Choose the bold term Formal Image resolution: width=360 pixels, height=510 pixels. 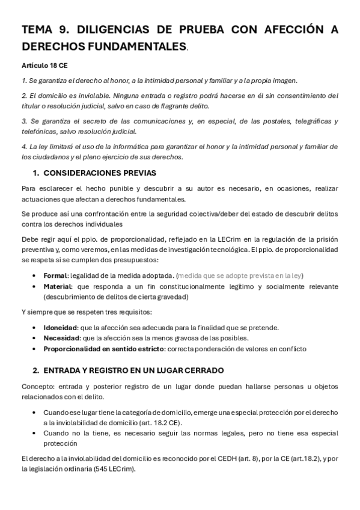(56, 275)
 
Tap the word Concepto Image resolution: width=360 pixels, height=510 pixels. (36, 386)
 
